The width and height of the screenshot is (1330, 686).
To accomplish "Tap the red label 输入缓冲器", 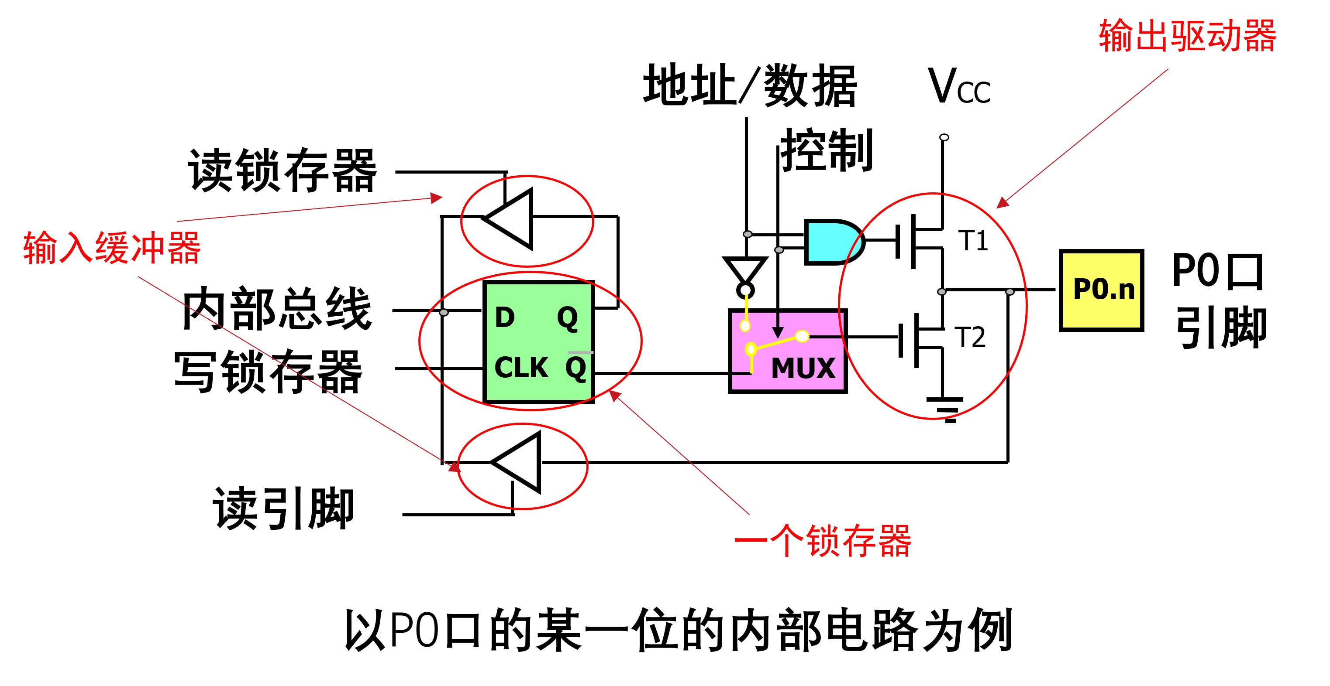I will click(112, 248).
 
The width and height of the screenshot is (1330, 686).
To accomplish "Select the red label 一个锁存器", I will click(823, 541).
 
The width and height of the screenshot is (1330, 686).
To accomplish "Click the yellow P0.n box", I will click(1101, 290).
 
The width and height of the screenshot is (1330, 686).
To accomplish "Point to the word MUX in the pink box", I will click(803, 368).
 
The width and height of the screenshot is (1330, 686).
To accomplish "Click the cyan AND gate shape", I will click(831, 242).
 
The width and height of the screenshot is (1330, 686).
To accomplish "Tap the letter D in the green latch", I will click(504, 317).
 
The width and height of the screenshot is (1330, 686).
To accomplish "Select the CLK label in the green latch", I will click(521, 368).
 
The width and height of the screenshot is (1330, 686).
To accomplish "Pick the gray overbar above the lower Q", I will click(580, 353).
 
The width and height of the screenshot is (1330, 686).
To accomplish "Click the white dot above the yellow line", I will click(745, 290).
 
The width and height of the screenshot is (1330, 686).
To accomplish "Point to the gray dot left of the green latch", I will click(444, 313).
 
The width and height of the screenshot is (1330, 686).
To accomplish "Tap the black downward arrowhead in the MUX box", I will click(778, 332).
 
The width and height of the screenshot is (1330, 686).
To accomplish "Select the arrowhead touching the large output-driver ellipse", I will click(1002, 203).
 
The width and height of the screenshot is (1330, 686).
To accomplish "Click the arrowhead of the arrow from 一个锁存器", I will click(614, 396).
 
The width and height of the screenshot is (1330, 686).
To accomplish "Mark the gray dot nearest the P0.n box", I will click(1010, 292).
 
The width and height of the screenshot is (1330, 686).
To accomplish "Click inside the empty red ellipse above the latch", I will click(527, 221).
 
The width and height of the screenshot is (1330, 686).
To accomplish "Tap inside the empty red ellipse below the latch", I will click(523, 466).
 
